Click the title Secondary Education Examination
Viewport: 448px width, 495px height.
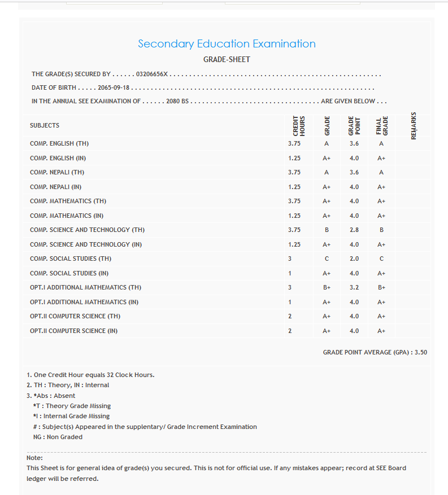227,44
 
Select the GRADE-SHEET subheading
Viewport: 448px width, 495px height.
227,59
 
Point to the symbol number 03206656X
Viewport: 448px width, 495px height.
152,74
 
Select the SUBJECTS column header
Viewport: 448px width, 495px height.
45,125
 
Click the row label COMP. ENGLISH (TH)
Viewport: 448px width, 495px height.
59,143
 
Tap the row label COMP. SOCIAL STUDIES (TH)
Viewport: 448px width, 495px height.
71,259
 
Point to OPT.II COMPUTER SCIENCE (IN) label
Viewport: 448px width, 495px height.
73,331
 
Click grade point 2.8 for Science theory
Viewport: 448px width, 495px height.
354,230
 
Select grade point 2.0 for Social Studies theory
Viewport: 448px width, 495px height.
354,259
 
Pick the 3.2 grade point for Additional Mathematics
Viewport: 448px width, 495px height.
354,287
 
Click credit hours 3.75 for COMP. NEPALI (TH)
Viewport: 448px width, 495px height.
294,172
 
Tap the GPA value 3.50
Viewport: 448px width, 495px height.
421,352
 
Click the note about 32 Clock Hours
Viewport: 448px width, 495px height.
90,375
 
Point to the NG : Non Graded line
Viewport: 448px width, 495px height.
58,437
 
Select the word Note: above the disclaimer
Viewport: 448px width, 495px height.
34,458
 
